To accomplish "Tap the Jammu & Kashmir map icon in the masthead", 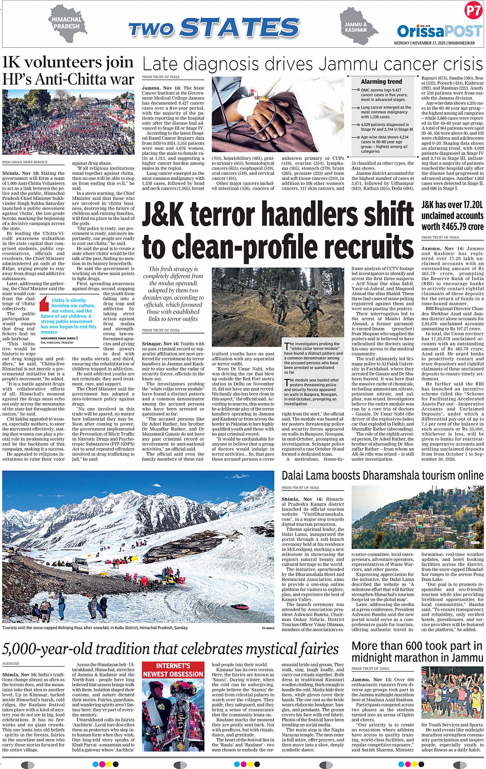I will click(358, 26).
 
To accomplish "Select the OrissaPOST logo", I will click(439, 31).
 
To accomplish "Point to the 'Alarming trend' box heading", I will click(382, 82).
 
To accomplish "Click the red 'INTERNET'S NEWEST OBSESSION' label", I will click(173, 670).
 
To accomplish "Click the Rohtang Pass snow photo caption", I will click(95, 628).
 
